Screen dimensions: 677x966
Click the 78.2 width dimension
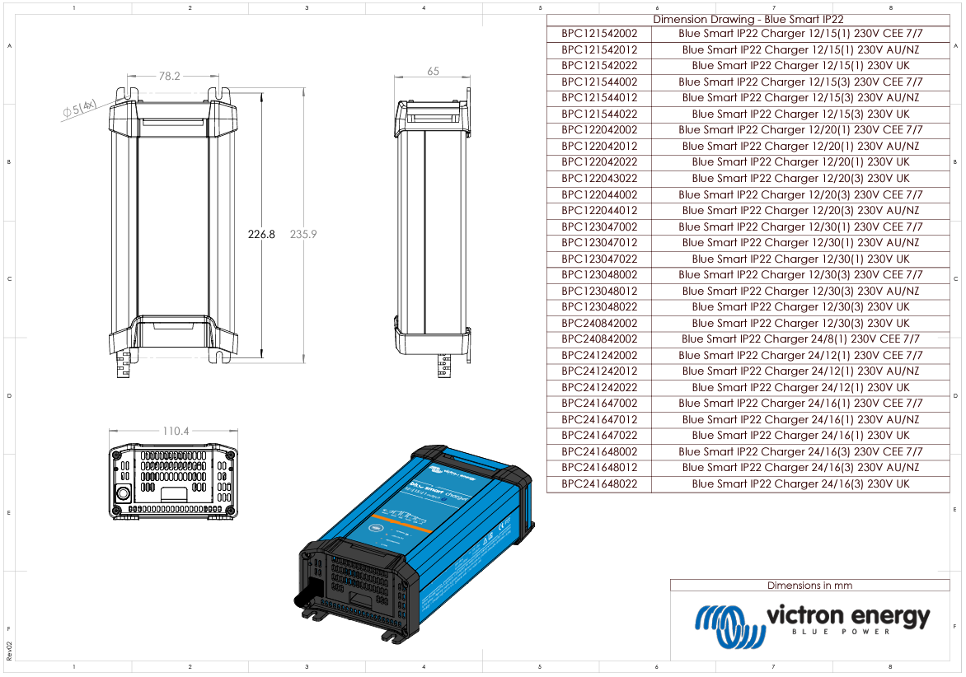point(169,76)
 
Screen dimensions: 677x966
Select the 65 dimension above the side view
point(433,72)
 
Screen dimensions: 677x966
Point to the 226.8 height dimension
point(261,235)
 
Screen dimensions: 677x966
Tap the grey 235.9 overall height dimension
point(303,235)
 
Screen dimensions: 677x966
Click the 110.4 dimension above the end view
point(176,431)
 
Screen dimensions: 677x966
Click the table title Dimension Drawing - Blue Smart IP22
point(748,19)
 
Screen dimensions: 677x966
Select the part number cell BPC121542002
point(599,34)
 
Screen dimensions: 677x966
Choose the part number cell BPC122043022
point(599,179)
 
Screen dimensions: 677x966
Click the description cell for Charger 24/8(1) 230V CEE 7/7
point(800,339)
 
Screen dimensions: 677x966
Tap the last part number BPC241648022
point(599,484)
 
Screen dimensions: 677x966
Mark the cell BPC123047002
point(599,226)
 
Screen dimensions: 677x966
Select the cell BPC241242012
point(599,371)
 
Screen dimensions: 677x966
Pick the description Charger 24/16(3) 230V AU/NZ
point(800,468)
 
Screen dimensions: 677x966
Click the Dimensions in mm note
point(809,586)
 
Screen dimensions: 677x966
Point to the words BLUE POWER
point(841,632)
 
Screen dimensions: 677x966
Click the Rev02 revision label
point(9,648)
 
